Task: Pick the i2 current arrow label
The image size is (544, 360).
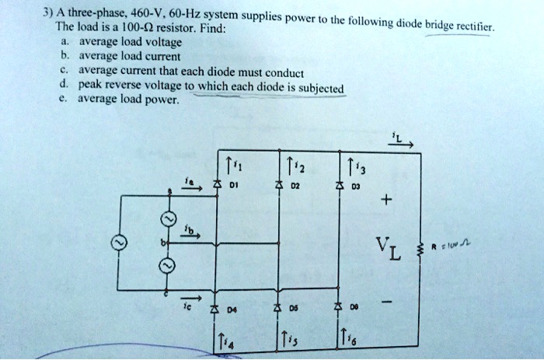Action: coord(293,165)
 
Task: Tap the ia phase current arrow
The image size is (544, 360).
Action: coord(191,185)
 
